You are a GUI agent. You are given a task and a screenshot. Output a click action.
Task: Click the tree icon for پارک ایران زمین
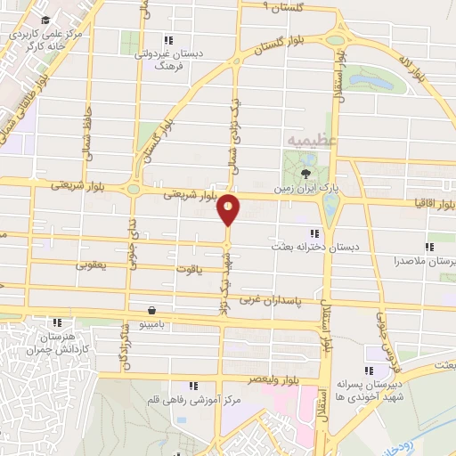pos(306,174)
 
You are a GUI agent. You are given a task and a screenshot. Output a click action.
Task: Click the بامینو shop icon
pos(154,310)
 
